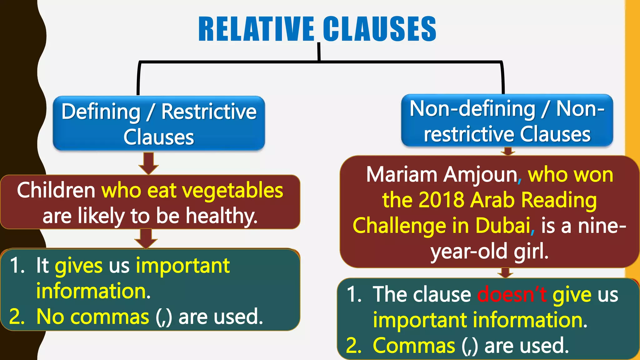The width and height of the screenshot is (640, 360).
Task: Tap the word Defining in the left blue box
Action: [101, 112]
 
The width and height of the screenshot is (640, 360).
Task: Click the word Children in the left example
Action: [56, 190]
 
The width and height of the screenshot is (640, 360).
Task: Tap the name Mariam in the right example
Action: [402, 174]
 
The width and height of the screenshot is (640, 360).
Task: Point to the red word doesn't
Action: [512, 294]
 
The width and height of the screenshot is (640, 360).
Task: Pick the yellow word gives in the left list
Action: [78, 266]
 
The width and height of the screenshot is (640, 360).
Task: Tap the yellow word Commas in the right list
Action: [414, 346]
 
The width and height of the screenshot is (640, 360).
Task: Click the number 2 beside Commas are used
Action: [354, 346]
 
